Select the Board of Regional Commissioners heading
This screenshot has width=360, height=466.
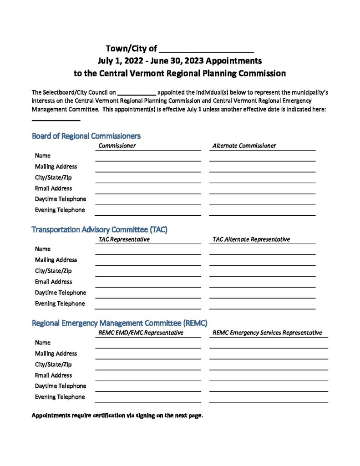pos(86,136)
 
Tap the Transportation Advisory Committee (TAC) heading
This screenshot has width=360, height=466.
pos(99,229)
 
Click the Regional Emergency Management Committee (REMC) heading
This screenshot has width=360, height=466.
pos(119,323)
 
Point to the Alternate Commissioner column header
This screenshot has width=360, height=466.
pos(244,146)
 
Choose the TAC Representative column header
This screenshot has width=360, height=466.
pos(124,239)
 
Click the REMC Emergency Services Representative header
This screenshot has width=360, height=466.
pos(267,333)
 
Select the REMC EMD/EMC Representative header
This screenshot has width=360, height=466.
pos(141,333)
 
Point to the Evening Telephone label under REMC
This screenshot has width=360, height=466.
pos(60,397)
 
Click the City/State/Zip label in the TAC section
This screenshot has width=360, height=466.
pos(53,271)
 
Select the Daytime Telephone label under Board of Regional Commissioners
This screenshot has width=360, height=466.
pos(61,199)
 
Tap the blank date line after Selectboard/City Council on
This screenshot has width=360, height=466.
pos(137,93)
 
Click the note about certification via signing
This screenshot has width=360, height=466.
pos(117,415)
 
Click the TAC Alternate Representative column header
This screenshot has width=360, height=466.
pos(251,239)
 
